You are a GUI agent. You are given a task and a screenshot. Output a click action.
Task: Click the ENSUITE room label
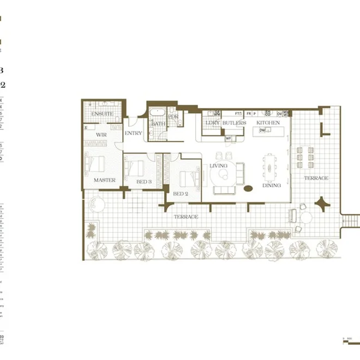[x=102, y=114]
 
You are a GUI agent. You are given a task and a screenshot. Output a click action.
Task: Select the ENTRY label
[x=133, y=133]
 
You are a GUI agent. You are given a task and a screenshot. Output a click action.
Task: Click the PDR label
[x=173, y=117]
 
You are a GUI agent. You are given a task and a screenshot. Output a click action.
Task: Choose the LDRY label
[x=212, y=123]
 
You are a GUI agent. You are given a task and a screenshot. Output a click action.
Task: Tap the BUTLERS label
[x=235, y=123]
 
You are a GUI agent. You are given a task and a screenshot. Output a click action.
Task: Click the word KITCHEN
[x=268, y=123]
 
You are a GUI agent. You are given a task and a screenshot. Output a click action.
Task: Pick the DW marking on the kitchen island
[x=262, y=130]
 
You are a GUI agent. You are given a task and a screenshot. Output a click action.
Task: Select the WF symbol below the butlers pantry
[x=229, y=138]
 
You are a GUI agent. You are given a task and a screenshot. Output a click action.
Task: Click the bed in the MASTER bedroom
[x=98, y=163]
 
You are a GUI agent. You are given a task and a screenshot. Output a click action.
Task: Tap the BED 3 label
[x=143, y=181]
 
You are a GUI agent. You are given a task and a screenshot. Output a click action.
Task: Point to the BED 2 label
[x=181, y=194]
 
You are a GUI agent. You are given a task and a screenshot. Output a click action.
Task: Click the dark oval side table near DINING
[x=248, y=189]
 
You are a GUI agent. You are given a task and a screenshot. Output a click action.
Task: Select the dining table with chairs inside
[x=269, y=165]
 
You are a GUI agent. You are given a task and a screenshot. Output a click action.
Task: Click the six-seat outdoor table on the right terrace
[x=304, y=157]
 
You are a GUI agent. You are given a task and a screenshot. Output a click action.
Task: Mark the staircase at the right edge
[x=350, y=221]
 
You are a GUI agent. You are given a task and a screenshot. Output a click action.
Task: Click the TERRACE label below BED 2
[x=185, y=217]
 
